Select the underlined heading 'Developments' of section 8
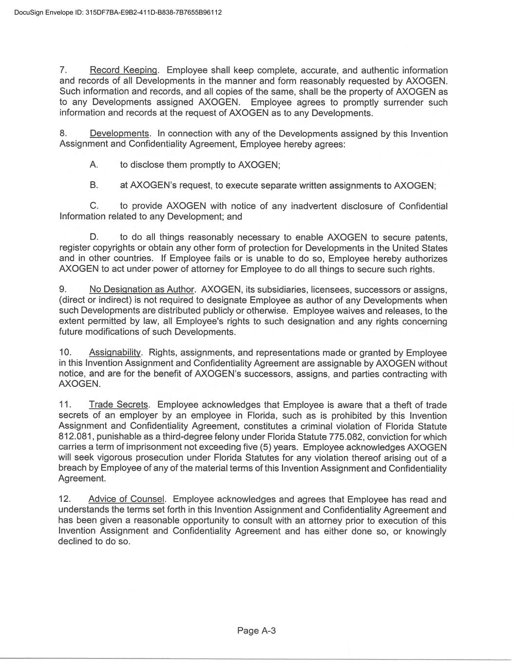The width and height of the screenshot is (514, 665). (x=119, y=134)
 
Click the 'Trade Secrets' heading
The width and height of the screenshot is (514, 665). (x=118, y=405)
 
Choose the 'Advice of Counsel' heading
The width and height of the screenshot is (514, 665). (x=127, y=499)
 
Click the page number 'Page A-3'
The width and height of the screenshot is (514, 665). (x=257, y=631)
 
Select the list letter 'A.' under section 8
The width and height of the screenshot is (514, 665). (x=94, y=165)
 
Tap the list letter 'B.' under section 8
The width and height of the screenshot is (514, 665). (x=94, y=186)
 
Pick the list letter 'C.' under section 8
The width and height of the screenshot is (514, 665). (x=95, y=207)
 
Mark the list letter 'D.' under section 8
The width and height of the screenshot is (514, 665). (x=95, y=238)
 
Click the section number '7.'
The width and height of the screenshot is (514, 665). (x=63, y=71)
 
